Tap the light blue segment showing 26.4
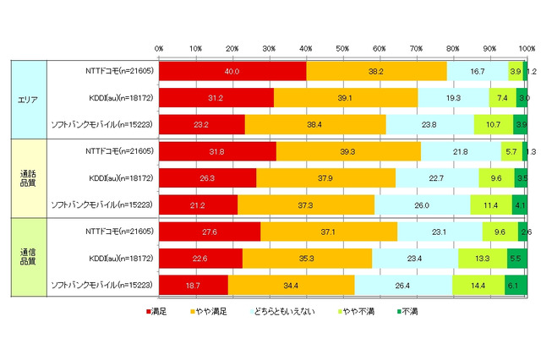click(x=403, y=285)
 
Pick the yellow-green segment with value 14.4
click(x=478, y=285)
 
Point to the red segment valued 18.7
click(x=194, y=285)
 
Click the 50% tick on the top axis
click(x=343, y=48)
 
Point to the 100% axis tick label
click(x=525, y=48)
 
